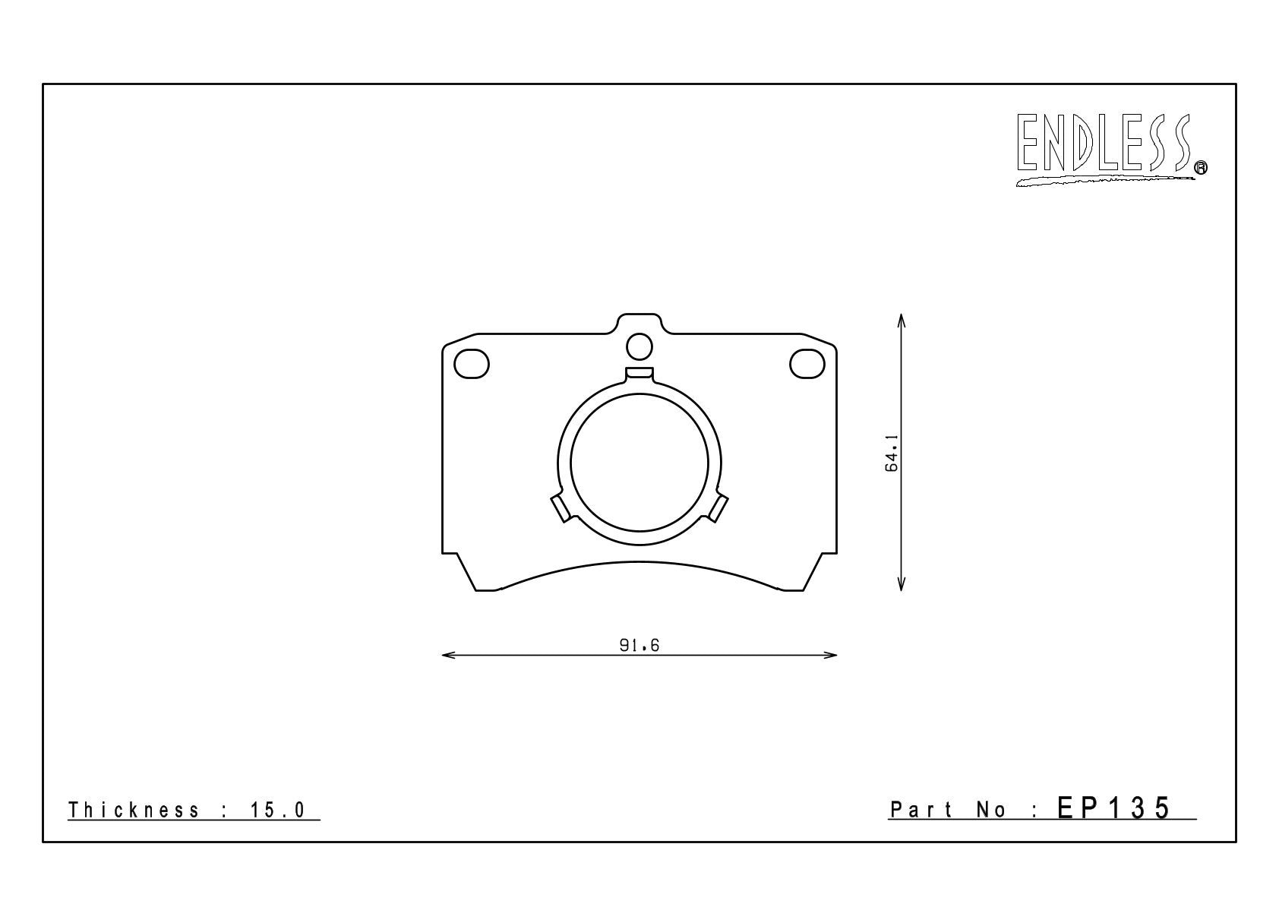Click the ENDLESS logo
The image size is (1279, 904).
(x=1110, y=150)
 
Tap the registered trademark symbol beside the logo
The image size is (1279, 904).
(x=1201, y=167)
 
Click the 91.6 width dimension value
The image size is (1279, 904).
(x=639, y=645)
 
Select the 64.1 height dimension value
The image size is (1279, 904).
(x=892, y=453)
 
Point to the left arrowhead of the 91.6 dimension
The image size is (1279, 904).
(x=449, y=655)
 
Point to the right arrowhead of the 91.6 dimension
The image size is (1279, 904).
(x=829, y=655)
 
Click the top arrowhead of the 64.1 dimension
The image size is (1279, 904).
(x=901, y=321)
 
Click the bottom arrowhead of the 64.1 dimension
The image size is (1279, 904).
(x=901, y=583)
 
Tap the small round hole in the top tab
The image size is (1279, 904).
(x=639, y=346)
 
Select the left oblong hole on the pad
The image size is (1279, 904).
(x=472, y=363)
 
